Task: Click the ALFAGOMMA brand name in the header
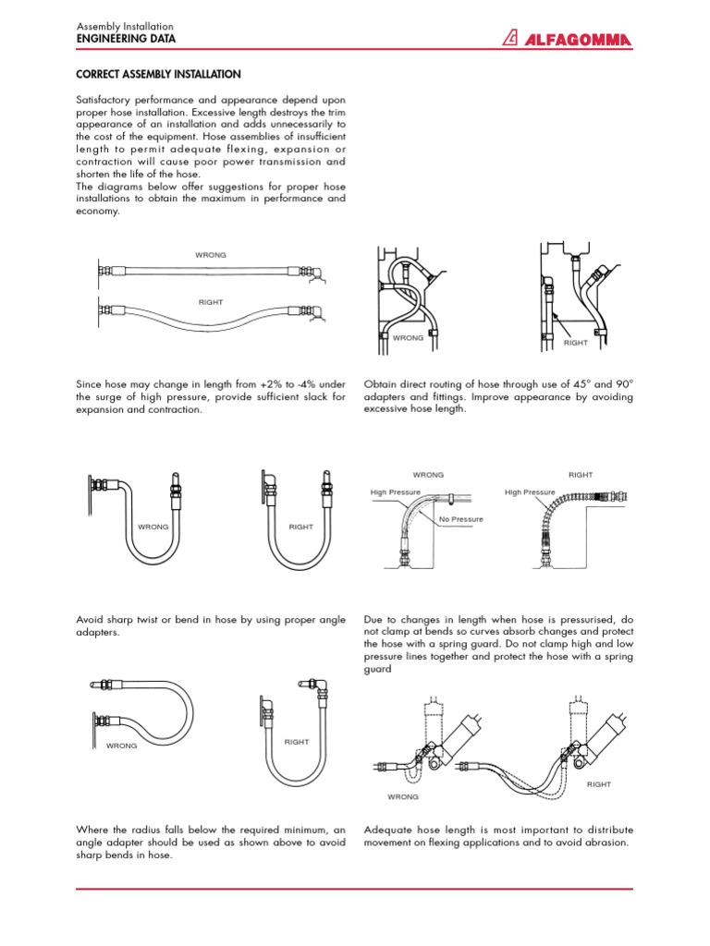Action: [580, 39]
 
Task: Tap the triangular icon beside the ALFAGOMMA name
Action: [510, 38]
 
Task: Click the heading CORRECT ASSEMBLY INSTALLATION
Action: [158, 74]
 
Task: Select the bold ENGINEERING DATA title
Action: [125, 40]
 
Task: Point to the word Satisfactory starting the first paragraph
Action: [104, 100]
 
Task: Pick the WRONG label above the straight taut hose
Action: [211, 254]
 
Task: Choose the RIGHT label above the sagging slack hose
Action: [211, 301]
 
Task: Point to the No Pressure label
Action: [461, 519]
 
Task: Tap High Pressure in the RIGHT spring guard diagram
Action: [530, 492]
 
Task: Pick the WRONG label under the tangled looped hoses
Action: [408, 338]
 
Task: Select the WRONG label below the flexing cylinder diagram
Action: [403, 796]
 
